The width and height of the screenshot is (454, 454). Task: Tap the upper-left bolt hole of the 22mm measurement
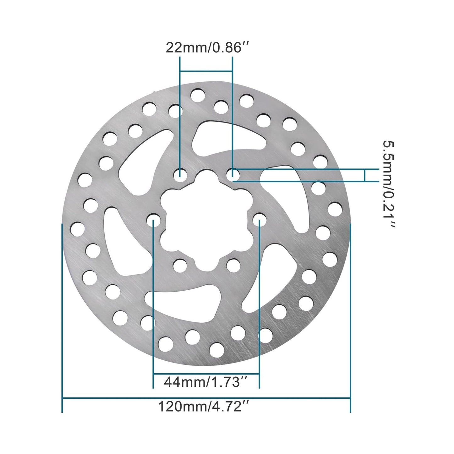[180, 173]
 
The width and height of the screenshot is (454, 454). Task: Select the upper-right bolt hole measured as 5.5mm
[233, 173]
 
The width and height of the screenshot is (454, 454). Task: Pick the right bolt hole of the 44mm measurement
[259, 219]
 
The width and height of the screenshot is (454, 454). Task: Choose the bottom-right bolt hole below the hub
[233, 265]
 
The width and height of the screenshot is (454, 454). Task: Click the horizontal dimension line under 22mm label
[206, 71]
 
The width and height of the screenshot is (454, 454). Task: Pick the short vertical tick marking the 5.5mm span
[365, 175]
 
